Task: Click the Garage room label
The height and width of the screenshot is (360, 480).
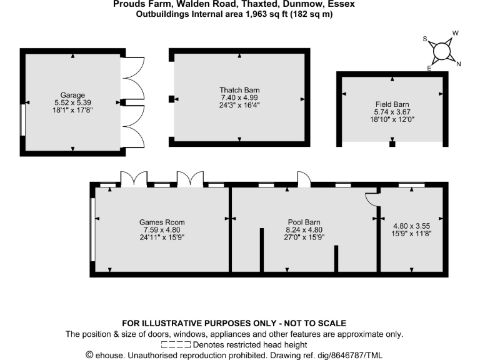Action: pos(73,95)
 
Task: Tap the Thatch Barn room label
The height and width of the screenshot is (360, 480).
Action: pos(239,90)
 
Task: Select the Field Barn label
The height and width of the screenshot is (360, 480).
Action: pos(392,104)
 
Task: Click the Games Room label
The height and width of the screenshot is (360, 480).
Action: pos(162,222)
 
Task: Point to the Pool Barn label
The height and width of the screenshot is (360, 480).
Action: pos(304,222)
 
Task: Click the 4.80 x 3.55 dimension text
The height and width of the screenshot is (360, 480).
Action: pos(412,226)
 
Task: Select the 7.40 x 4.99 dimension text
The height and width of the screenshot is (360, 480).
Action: pos(239,98)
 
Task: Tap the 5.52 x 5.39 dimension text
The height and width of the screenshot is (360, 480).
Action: pos(73,103)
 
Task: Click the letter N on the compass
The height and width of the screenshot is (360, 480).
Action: pos(459,64)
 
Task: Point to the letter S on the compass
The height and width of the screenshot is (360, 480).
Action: pos(426,39)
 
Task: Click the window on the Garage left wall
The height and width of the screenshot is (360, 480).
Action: pos(22,119)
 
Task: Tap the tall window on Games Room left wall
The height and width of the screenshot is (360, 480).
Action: pos(93,229)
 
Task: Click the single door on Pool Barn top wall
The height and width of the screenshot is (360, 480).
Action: pos(304,180)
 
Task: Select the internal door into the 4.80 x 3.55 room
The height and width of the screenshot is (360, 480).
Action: pos(371,198)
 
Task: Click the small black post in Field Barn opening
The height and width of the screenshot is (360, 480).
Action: pos(392,144)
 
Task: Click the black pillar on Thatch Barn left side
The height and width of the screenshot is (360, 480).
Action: pos(171,99)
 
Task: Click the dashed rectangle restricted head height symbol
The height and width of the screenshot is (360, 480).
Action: pos(176,344)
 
